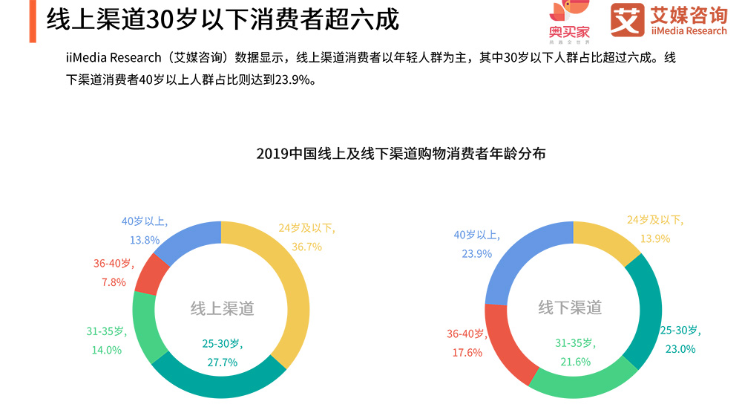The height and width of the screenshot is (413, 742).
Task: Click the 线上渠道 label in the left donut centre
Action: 222,308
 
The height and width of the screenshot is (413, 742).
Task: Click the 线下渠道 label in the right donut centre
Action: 570,308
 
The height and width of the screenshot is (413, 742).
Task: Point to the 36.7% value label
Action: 305,247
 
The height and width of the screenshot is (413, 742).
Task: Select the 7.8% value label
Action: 114,282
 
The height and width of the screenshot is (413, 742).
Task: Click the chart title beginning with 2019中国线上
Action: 401,155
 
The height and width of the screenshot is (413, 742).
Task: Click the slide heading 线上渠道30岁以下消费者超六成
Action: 223,19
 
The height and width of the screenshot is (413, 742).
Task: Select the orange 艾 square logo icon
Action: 627,20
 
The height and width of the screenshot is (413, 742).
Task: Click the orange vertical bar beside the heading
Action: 32,21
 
